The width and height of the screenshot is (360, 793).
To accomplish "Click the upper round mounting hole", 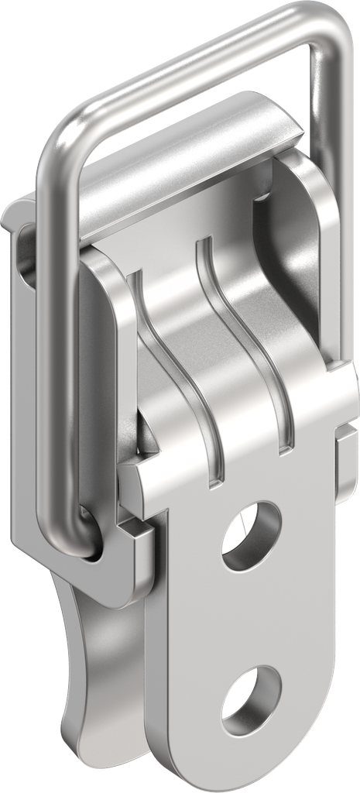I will (250, 535).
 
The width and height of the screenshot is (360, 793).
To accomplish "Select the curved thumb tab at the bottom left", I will (81, 658).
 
